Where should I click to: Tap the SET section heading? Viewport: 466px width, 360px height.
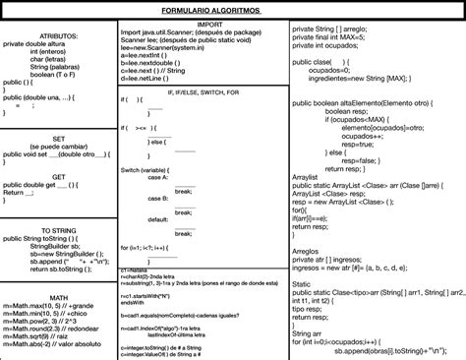[58, 139]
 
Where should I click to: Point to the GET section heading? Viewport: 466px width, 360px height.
[58, 176]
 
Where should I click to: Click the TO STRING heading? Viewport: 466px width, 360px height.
[59, 229]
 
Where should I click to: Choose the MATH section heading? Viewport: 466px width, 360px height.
[58, 297]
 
